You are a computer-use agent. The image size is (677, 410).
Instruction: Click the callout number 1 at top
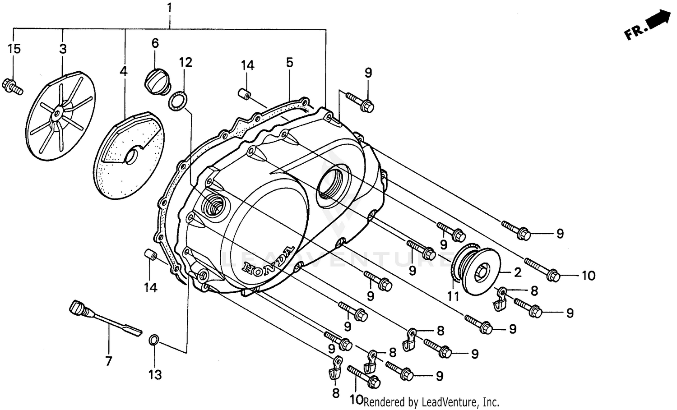169,8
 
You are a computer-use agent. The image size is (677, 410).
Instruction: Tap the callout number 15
14,49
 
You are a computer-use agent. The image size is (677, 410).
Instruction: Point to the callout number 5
289,62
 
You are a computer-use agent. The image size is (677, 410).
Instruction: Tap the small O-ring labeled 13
154,340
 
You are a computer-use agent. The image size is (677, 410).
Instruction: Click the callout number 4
123,71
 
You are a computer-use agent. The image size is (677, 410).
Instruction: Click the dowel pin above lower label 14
150,256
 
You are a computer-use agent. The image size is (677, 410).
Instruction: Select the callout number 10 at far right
588,275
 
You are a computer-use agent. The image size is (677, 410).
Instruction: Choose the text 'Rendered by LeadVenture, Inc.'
431,401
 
